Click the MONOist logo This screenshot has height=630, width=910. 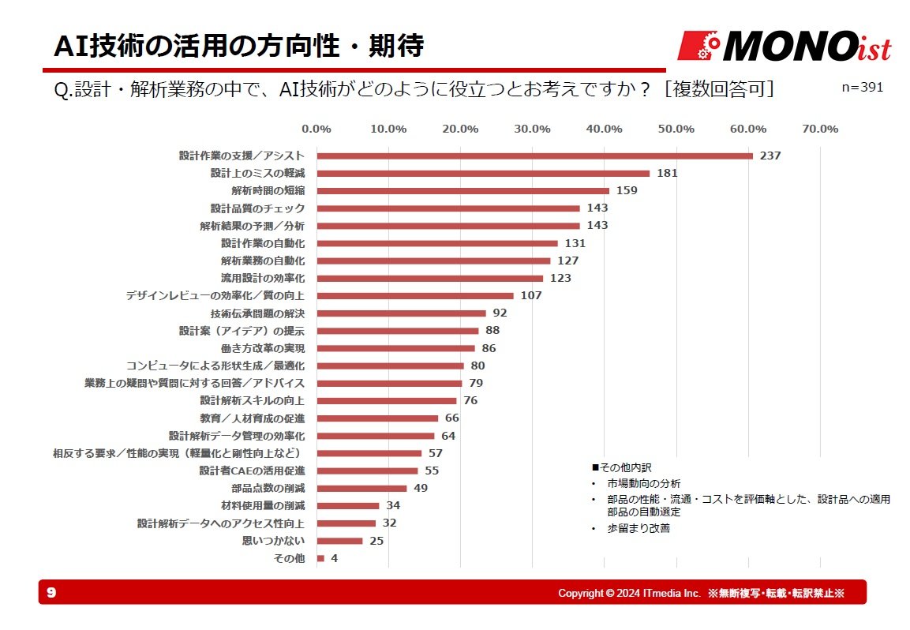pyautogui.click(x=785, y=47)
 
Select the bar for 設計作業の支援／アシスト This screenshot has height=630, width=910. pyautogui.click(x=534, y=156)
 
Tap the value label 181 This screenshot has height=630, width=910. pyautogui.click(x=667, y=173)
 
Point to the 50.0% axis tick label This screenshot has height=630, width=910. pyautogui.click(x=676, y=129)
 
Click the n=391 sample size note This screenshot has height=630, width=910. pyautogui.click(x=862, y=87)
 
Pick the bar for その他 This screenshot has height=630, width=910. pyautogui.click(x=320, y=558)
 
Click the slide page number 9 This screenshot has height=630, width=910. pyautogui.click(x=51, y=592)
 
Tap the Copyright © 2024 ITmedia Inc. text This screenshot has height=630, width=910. pyautogui.click(x=629, y=593)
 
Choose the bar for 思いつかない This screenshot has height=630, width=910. pyautogui.click(x=339, y=541)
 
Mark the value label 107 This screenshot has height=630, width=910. pyautogui.click(x=531, y=295)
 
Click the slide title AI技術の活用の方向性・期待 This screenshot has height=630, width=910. pyautogui.click(x=239, y=47)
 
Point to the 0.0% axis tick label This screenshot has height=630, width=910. pyautogui.click(x=316, y=129)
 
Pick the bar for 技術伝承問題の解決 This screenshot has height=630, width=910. pyautogui.click(x=401, y=313)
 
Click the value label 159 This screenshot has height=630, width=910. pyautogui.click(x=627, y=190)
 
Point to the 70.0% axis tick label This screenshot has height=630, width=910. pyautogui.click(x=819, y=129)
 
